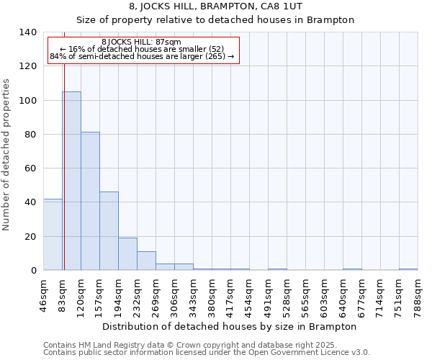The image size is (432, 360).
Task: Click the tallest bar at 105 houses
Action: pyautogui.click(x=71, y=181)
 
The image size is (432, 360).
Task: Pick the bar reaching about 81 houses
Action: pyautogui.click(x=90, y=202)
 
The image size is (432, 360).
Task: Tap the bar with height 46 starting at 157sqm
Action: pyautogui.click(x=109, y=231)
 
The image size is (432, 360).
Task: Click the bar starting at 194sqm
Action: pyautogui.click(x=127, y=254)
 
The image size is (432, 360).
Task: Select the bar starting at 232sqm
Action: pyautogui.click(x=146, y=261)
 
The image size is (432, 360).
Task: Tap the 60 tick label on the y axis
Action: pyautogui.click(x=30, y=168)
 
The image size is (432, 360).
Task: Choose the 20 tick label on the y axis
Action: pyautogui.click(x=30, y=236)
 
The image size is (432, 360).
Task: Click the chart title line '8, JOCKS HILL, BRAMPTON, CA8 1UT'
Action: pyautogui.click(x=215, y=7)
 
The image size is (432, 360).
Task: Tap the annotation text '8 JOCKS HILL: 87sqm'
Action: pyautogui.click(x=142, y=42)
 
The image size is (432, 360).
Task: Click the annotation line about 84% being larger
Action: pyautogui.click(x=142, y=56)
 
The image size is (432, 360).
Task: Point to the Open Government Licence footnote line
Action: pyautogui.click(x=206, y=353)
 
